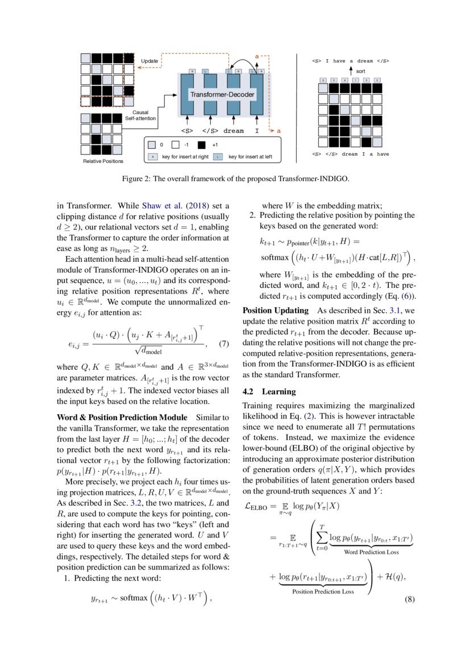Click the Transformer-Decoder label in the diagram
tap(222, 94)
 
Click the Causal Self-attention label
tap(136, 116)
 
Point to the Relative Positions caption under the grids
tap(103, 162)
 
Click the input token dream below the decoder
tap(233, 131)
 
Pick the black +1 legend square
tap(202, 145)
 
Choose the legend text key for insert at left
tap(250, 156)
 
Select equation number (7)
tap(223, 344)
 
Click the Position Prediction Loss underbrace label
tap(323, 591)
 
